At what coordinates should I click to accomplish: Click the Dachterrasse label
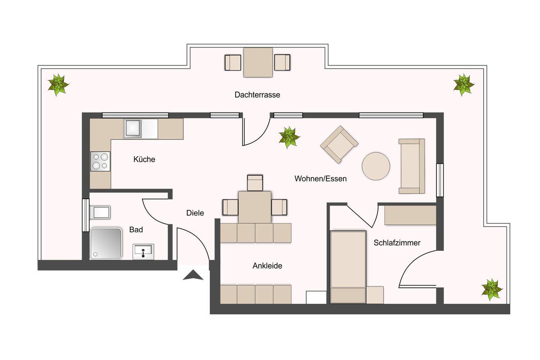point(257,95)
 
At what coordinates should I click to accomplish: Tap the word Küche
point(144,159)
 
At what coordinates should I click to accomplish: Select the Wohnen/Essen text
point(320,178)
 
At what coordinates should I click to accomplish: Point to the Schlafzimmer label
point(397,243)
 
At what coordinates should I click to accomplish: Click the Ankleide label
point(267,266)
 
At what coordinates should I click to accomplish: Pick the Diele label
point(195,213)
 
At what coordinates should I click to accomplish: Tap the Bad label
point(136,229)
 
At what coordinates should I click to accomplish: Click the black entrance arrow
point(193,275)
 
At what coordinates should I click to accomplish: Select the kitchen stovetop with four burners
point(100,161)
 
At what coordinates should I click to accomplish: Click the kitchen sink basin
point(132,128)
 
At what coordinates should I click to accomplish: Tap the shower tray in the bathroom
point(106,243)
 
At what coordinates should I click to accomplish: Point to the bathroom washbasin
point(143,252)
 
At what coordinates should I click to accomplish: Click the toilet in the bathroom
point(100,213)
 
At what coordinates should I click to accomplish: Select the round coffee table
point(376,166)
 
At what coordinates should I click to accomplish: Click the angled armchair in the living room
point(339,144)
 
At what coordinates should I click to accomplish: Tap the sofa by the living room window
point(411,166)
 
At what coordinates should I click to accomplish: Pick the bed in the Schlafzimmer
point(348,267)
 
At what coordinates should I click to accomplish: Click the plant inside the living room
point(289,138)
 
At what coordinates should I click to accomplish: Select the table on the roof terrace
point(258,62)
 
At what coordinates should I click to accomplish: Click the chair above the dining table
point(255,183)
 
